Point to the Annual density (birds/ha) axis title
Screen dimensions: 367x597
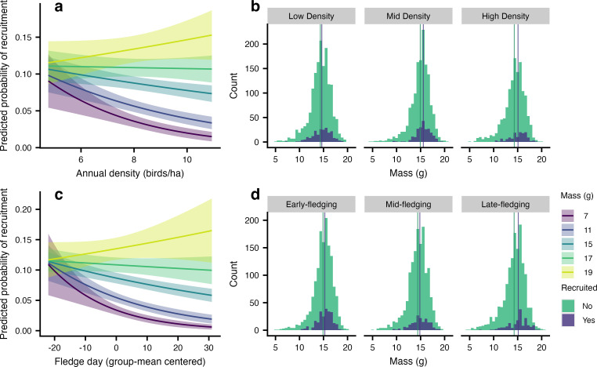[x=114, y=172]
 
